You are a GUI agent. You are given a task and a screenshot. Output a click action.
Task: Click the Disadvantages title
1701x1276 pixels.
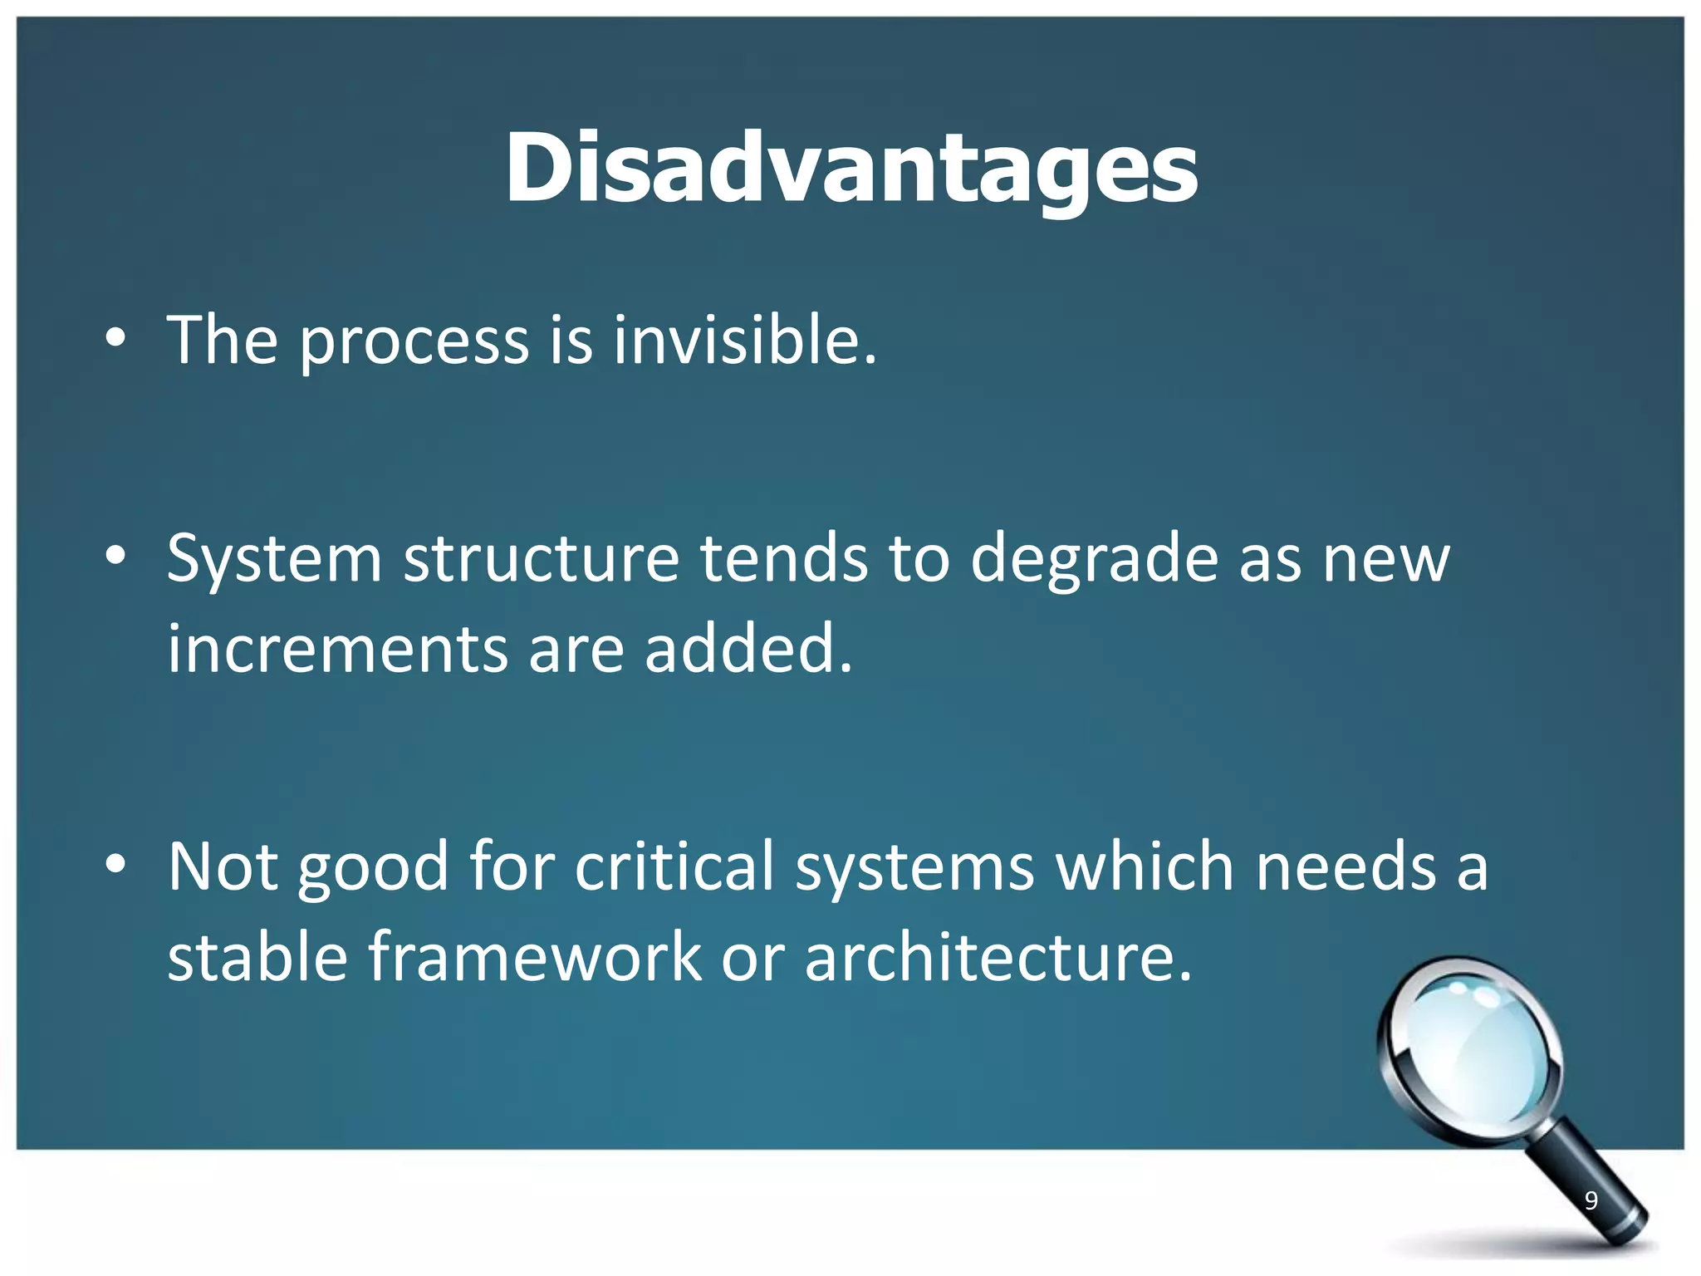(851, 169)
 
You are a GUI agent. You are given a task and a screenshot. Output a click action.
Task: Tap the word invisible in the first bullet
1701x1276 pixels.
(744, 341)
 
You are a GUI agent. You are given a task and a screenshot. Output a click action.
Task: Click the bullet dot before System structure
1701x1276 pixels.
(115, 556)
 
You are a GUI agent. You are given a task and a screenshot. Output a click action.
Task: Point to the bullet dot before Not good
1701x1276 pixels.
(115, 864)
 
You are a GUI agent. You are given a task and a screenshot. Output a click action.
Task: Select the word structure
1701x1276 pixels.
(542, 558)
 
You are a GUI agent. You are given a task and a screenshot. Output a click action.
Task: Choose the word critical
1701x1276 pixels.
(674, 866)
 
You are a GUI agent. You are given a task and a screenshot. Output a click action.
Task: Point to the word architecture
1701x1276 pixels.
(997, 957)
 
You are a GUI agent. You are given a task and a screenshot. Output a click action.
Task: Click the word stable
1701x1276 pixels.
(257, 957)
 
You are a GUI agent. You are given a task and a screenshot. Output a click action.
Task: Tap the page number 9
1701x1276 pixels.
(1591, 1200)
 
